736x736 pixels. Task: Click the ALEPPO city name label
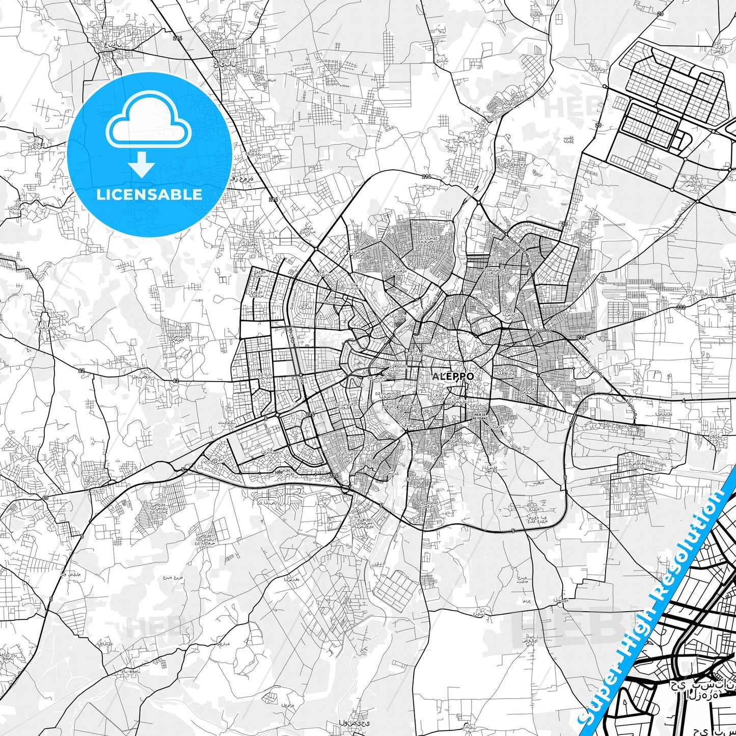(453, 376)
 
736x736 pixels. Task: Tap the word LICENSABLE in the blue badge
(149, 195)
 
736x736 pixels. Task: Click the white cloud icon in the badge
(148, 124)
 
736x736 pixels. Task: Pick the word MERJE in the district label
(481, 415)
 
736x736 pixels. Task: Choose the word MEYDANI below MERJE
(481, 420)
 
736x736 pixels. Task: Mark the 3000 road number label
(278, 472)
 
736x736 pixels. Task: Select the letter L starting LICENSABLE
(101, 195)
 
